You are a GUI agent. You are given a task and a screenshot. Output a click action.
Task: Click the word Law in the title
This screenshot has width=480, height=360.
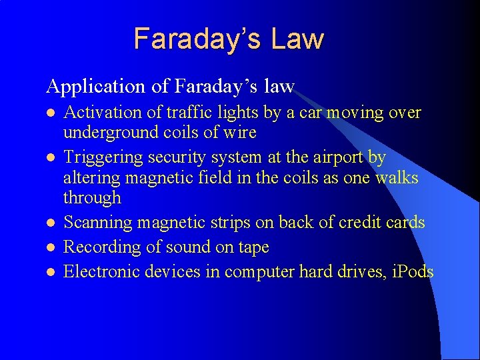(297, 39)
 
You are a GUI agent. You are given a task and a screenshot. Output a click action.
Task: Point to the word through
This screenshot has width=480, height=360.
(92, 198)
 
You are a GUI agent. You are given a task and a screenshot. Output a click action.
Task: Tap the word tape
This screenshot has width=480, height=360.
(253, 248)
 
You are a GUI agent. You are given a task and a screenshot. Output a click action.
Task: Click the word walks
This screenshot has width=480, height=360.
(396, 178)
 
